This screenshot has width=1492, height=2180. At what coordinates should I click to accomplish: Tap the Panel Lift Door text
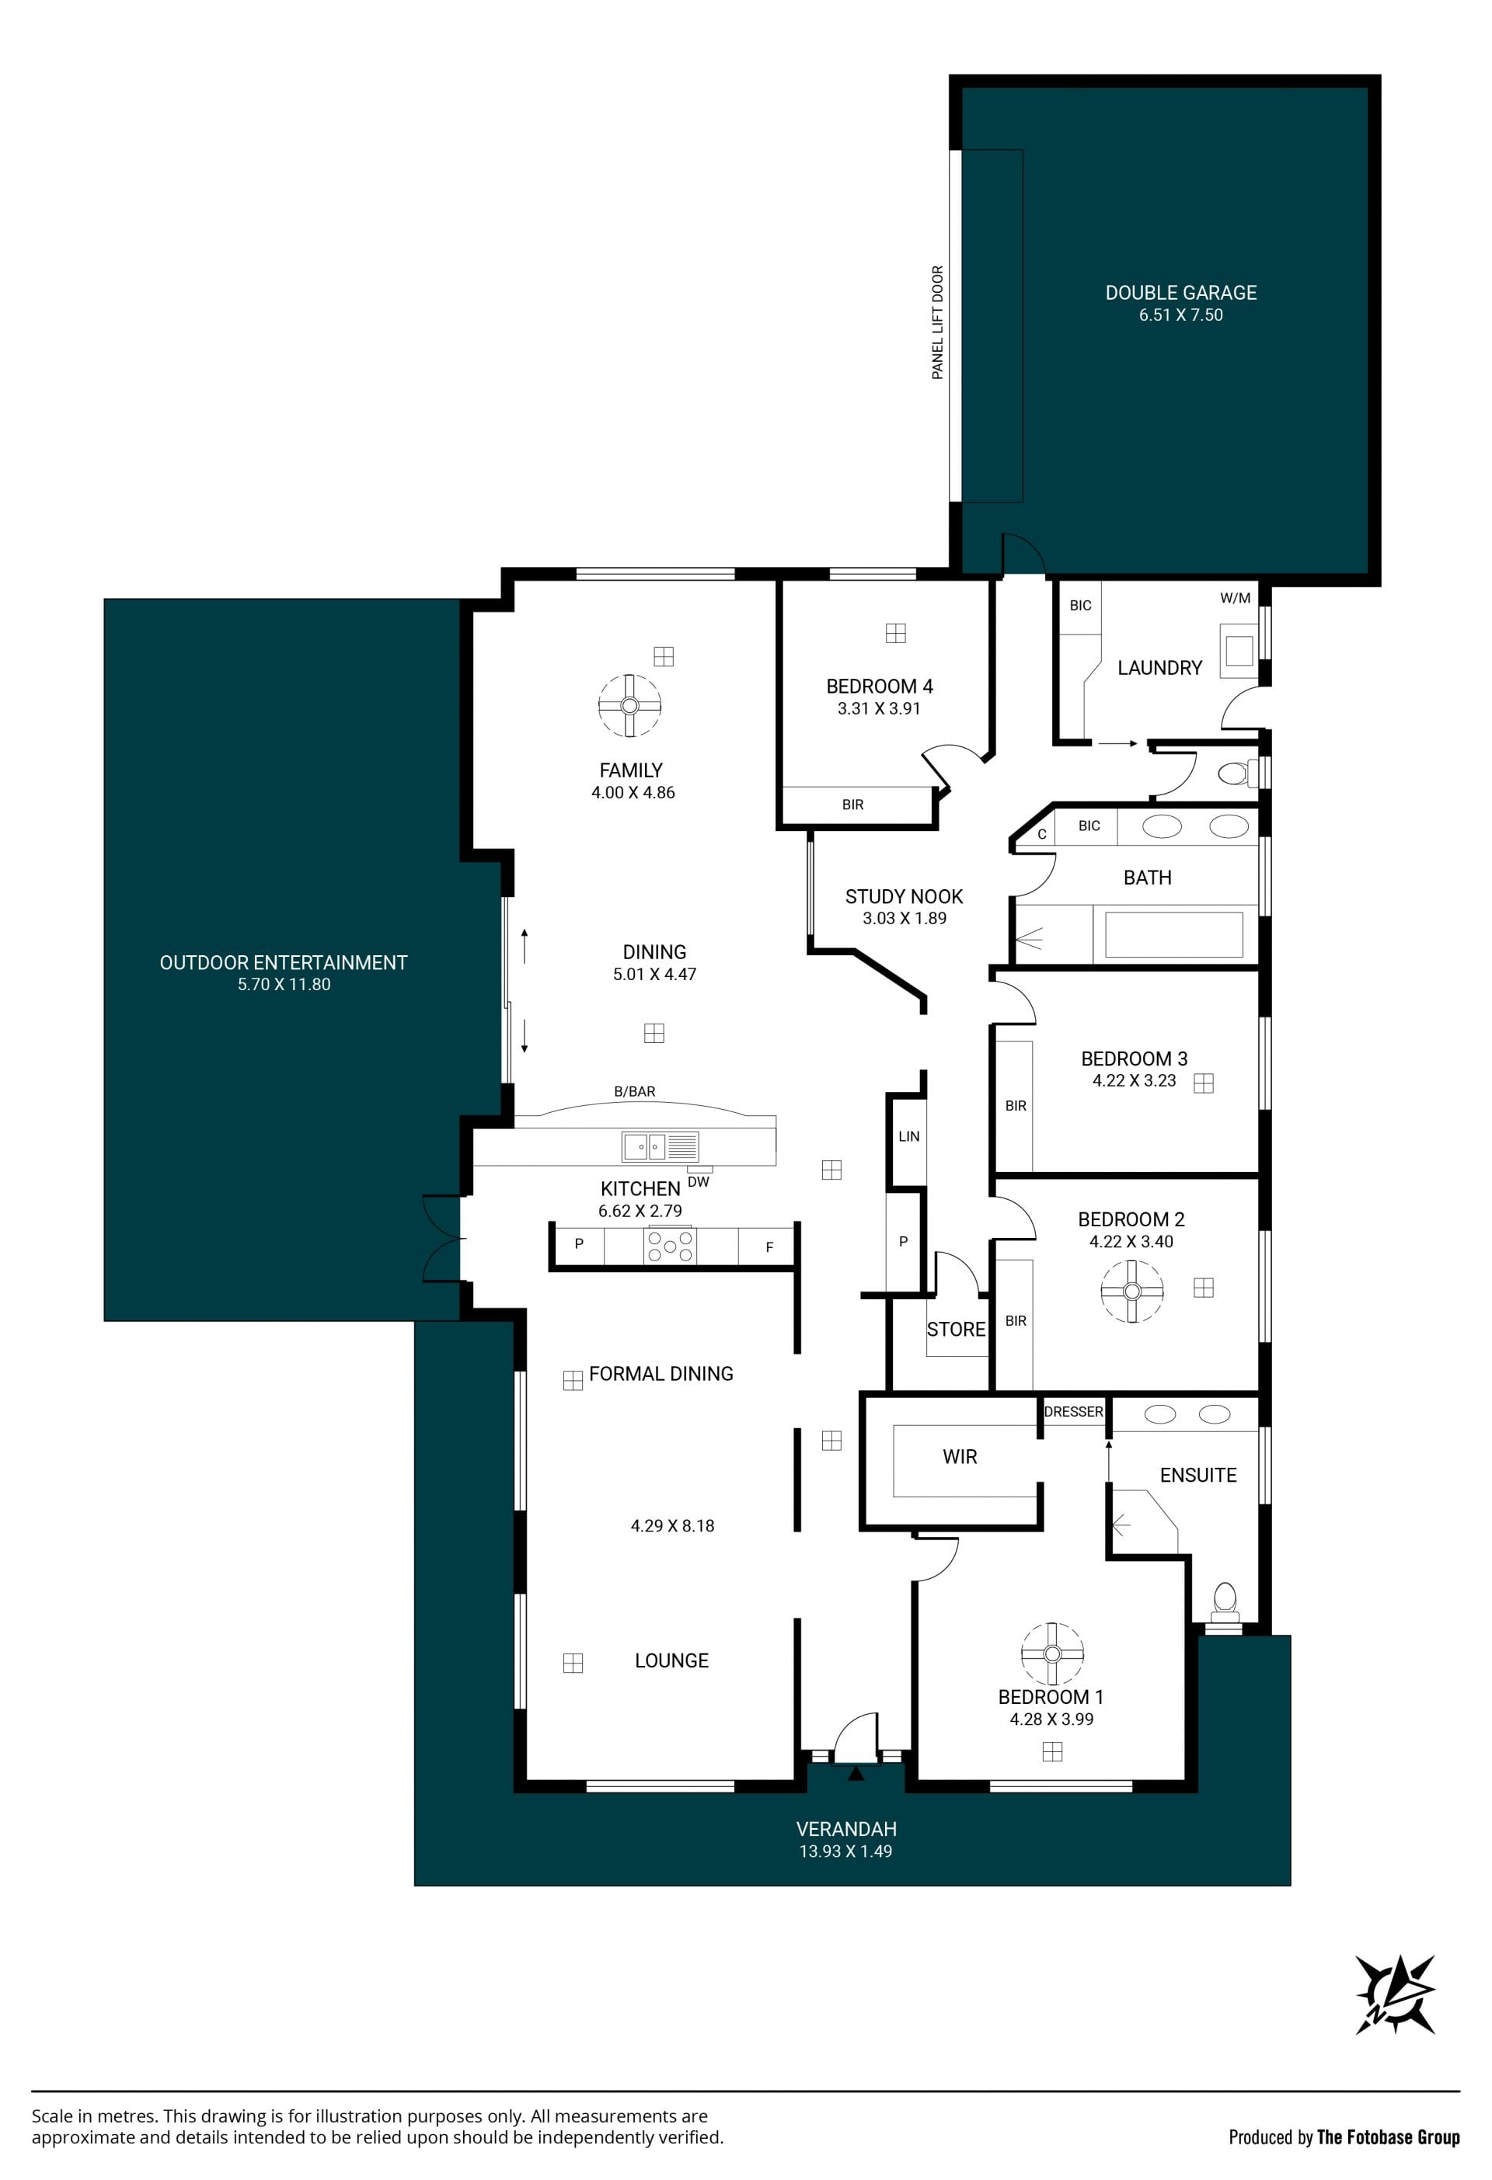pos(937,322)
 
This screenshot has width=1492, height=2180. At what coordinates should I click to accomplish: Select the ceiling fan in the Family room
pos(629,705)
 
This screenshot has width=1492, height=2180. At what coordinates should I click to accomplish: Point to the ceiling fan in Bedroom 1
pos(1052,1653)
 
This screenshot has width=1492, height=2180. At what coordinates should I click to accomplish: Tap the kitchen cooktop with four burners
pos(670,1246)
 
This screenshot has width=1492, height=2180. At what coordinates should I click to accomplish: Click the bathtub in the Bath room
pos(1174,934)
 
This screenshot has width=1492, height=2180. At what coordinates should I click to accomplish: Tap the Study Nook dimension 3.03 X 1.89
pos(905,918)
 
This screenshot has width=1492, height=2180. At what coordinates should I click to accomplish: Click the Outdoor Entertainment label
pos(284,962)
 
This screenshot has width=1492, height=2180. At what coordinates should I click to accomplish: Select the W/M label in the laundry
pos(1235,597)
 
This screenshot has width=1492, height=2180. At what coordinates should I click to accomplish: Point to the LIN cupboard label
pos(908,1136)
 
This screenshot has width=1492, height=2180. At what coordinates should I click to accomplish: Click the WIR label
pos(960,1457)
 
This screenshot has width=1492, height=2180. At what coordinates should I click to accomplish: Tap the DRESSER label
pos(1073,1412)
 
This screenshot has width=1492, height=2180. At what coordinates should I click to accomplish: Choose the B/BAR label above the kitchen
pos(634,1092)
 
